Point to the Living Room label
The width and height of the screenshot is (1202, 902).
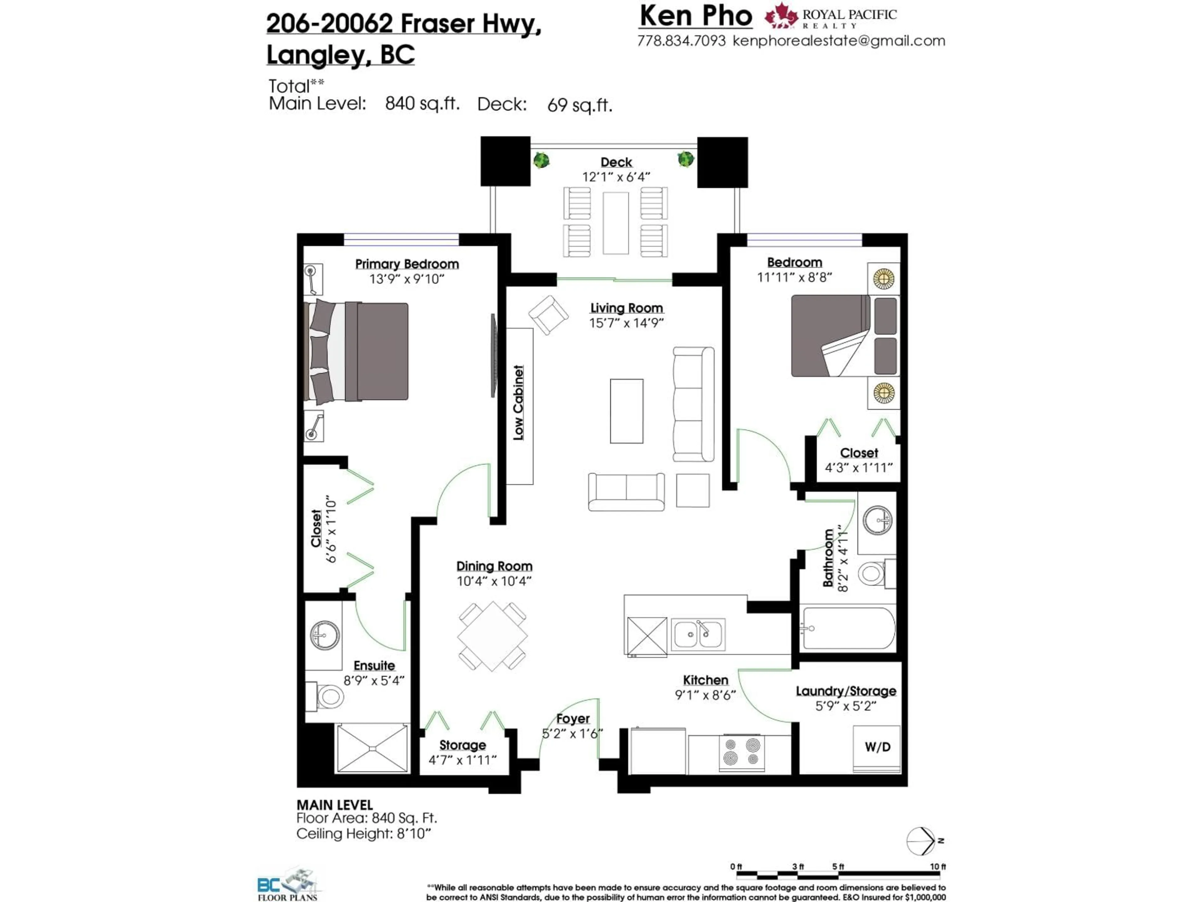click(x=627, y=308)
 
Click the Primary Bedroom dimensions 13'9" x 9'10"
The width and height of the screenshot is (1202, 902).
click(x=407, y=279)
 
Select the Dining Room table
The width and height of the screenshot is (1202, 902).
click(x=492, y=636)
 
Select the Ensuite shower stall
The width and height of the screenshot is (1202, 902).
click(x=372, y=748)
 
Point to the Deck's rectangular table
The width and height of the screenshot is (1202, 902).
click(x=616, y=223)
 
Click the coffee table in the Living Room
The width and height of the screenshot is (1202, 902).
click(x=627, y=411)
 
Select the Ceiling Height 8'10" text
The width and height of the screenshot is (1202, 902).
click(x=363, y=833)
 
